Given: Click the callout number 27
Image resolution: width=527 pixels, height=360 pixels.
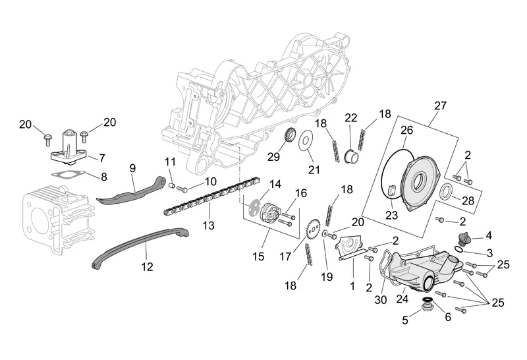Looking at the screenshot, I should click(440, 106).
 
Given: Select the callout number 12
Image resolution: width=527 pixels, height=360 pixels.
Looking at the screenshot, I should click(147, 267).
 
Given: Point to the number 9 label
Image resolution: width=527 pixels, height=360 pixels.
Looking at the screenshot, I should click(132, 168).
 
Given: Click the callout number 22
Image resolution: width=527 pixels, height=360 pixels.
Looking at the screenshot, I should click(351, 117).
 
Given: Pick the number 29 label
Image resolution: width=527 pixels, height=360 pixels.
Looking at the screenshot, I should click(273, 156).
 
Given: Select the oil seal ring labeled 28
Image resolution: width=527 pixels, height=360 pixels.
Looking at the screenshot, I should click(446, 193).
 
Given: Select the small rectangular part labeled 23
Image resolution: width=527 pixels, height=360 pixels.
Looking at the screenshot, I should click(391, 192).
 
